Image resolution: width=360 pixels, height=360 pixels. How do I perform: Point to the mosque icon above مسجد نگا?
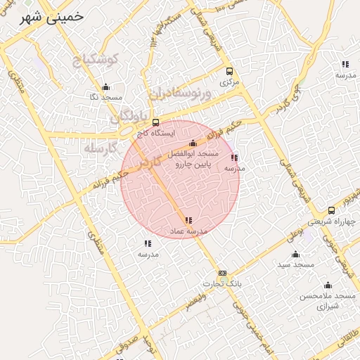click(106, 87)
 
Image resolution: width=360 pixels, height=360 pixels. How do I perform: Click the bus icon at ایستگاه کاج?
click(155, 122)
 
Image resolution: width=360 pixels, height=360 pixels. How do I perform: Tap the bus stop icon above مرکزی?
click(229, 71)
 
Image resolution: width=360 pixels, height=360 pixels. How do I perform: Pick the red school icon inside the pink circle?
click(234, 158)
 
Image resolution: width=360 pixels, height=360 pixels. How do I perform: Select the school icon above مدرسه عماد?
click(188, 221)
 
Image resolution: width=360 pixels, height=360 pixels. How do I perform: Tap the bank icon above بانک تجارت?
click(222, 273)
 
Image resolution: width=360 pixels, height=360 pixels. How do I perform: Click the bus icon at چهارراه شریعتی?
click(331, 210)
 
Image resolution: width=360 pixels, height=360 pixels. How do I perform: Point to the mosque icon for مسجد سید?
click(295, 255)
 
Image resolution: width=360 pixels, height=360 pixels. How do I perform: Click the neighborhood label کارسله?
click(98, 149)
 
